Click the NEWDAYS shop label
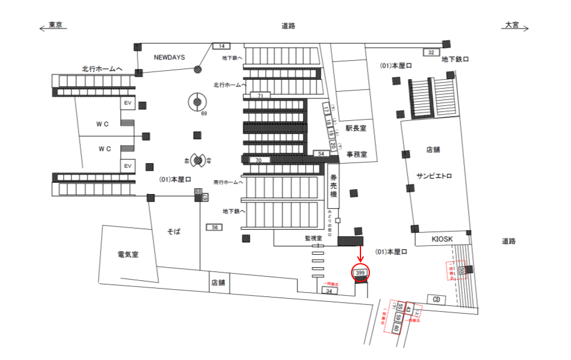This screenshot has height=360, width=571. (x=170, y=58)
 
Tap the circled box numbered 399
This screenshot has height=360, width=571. (x=360, y=273)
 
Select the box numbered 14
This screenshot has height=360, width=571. (x=221, y=46)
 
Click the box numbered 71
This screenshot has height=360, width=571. (x=260, y=96)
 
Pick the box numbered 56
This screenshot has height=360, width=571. (x=214, y=227)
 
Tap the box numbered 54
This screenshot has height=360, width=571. (x=321, y=154)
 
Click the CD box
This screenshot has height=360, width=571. (x=437, y=299)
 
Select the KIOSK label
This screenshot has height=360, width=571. (x=442, y=239)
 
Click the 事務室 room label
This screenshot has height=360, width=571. (x=357, y=155)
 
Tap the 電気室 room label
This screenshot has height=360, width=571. (x=128, y=255)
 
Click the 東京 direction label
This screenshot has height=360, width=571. (x=56, y=25)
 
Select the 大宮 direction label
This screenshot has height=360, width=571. (x=512, y=25)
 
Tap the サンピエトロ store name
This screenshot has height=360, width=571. (x=434, y=176)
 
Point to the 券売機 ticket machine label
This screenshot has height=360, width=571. (x=334, y=186)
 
